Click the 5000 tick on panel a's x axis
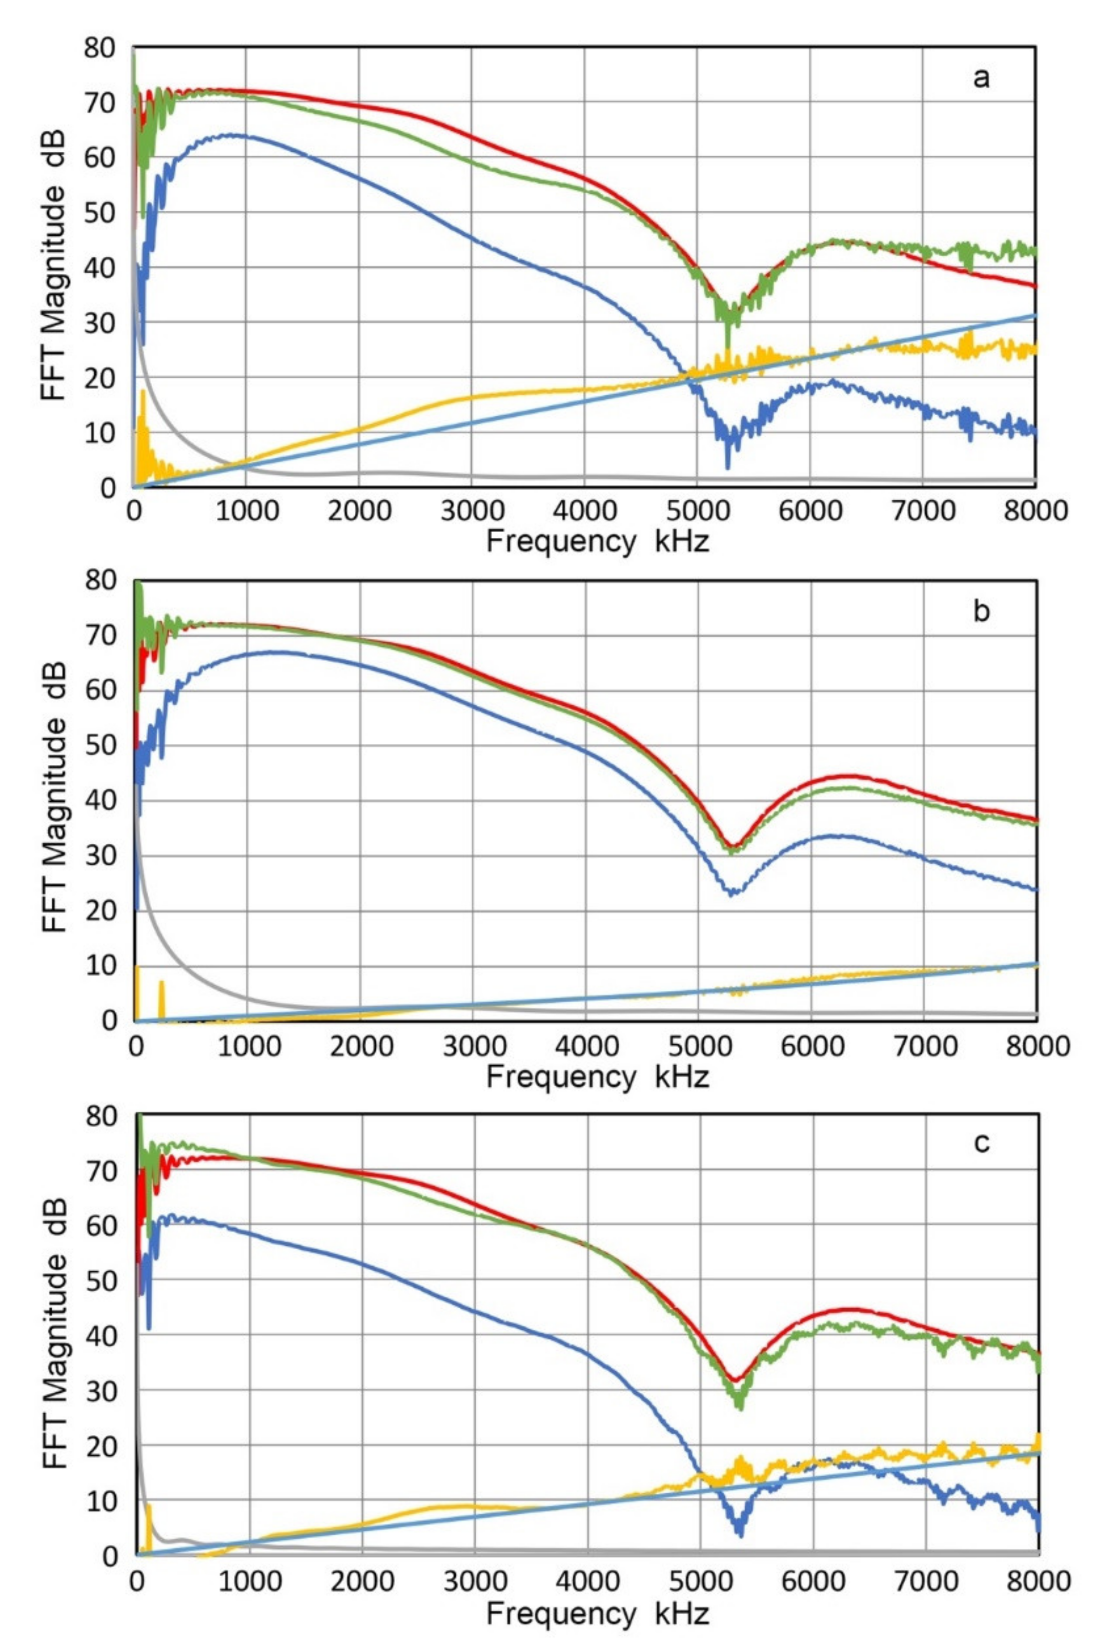[x=698, y=511]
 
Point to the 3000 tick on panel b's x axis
[x=472, y=1045]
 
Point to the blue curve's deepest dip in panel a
[x=727, y=467]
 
